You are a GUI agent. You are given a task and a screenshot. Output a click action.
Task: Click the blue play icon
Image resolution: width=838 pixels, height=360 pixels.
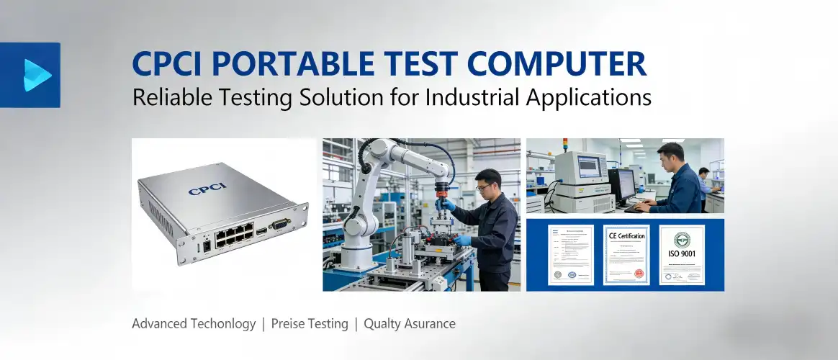pos(36,75)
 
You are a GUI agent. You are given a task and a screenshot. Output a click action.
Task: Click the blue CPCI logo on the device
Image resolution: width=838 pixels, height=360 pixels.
pos(207,192)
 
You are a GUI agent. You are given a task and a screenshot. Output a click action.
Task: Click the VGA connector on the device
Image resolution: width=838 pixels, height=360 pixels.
pos(279,225)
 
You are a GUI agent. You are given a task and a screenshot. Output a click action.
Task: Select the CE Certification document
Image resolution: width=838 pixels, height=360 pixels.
pos(626,255)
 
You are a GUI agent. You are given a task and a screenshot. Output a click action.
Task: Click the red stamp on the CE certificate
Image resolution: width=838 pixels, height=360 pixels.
pos(638,274)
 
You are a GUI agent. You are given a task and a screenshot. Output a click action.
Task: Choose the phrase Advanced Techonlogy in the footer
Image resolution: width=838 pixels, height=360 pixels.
pos(194,324)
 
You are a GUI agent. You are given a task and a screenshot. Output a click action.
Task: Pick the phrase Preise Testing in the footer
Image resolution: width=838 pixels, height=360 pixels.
pos(310,324)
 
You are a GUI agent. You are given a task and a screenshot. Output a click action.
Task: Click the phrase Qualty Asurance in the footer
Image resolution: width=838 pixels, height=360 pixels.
pos(410,324)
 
